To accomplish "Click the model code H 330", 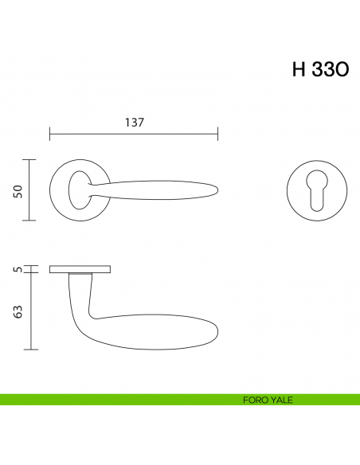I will pyautogui.click(x=320, y=69).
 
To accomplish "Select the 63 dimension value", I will pyautogui.click(x=18, y=311).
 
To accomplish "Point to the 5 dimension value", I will pyautogui.click(x=18, y=269).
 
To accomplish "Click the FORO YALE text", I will pyautogui.click(x=268, y=400).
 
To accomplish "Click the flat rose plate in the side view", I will pyautogui.click(x=80, y=269).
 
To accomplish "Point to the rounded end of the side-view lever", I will pyautogui.click(x=213, y=333).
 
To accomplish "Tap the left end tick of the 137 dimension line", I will pyautogui.click(x=50, y=134).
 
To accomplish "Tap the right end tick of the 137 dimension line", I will pyautogui.click(x=218, y=134).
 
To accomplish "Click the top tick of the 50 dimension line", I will pyautogui.click(x=29, y=160).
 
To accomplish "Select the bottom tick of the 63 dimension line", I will pyautogui.click(x=29, y=350).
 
